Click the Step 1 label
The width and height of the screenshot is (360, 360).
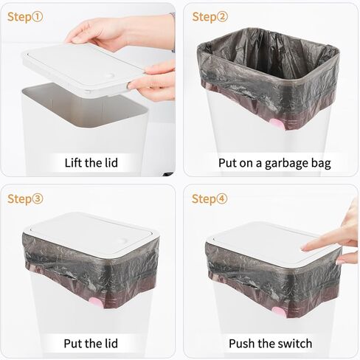[x=25, y=17]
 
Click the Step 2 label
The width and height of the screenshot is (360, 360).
[x=210, y=17]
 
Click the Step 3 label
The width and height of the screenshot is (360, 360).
[x=25, y=198]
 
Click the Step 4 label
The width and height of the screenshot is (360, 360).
[x=210, y=198]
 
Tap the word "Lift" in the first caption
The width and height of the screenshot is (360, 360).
[x=73, y=163]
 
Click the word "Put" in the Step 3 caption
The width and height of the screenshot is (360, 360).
[x=72, y=343]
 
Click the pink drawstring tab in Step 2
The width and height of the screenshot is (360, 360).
[x=277, y=124]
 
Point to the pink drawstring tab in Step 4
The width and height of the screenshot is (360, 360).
[x=279, y=313]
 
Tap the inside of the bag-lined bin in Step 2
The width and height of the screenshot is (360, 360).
[x=268, y=61]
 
